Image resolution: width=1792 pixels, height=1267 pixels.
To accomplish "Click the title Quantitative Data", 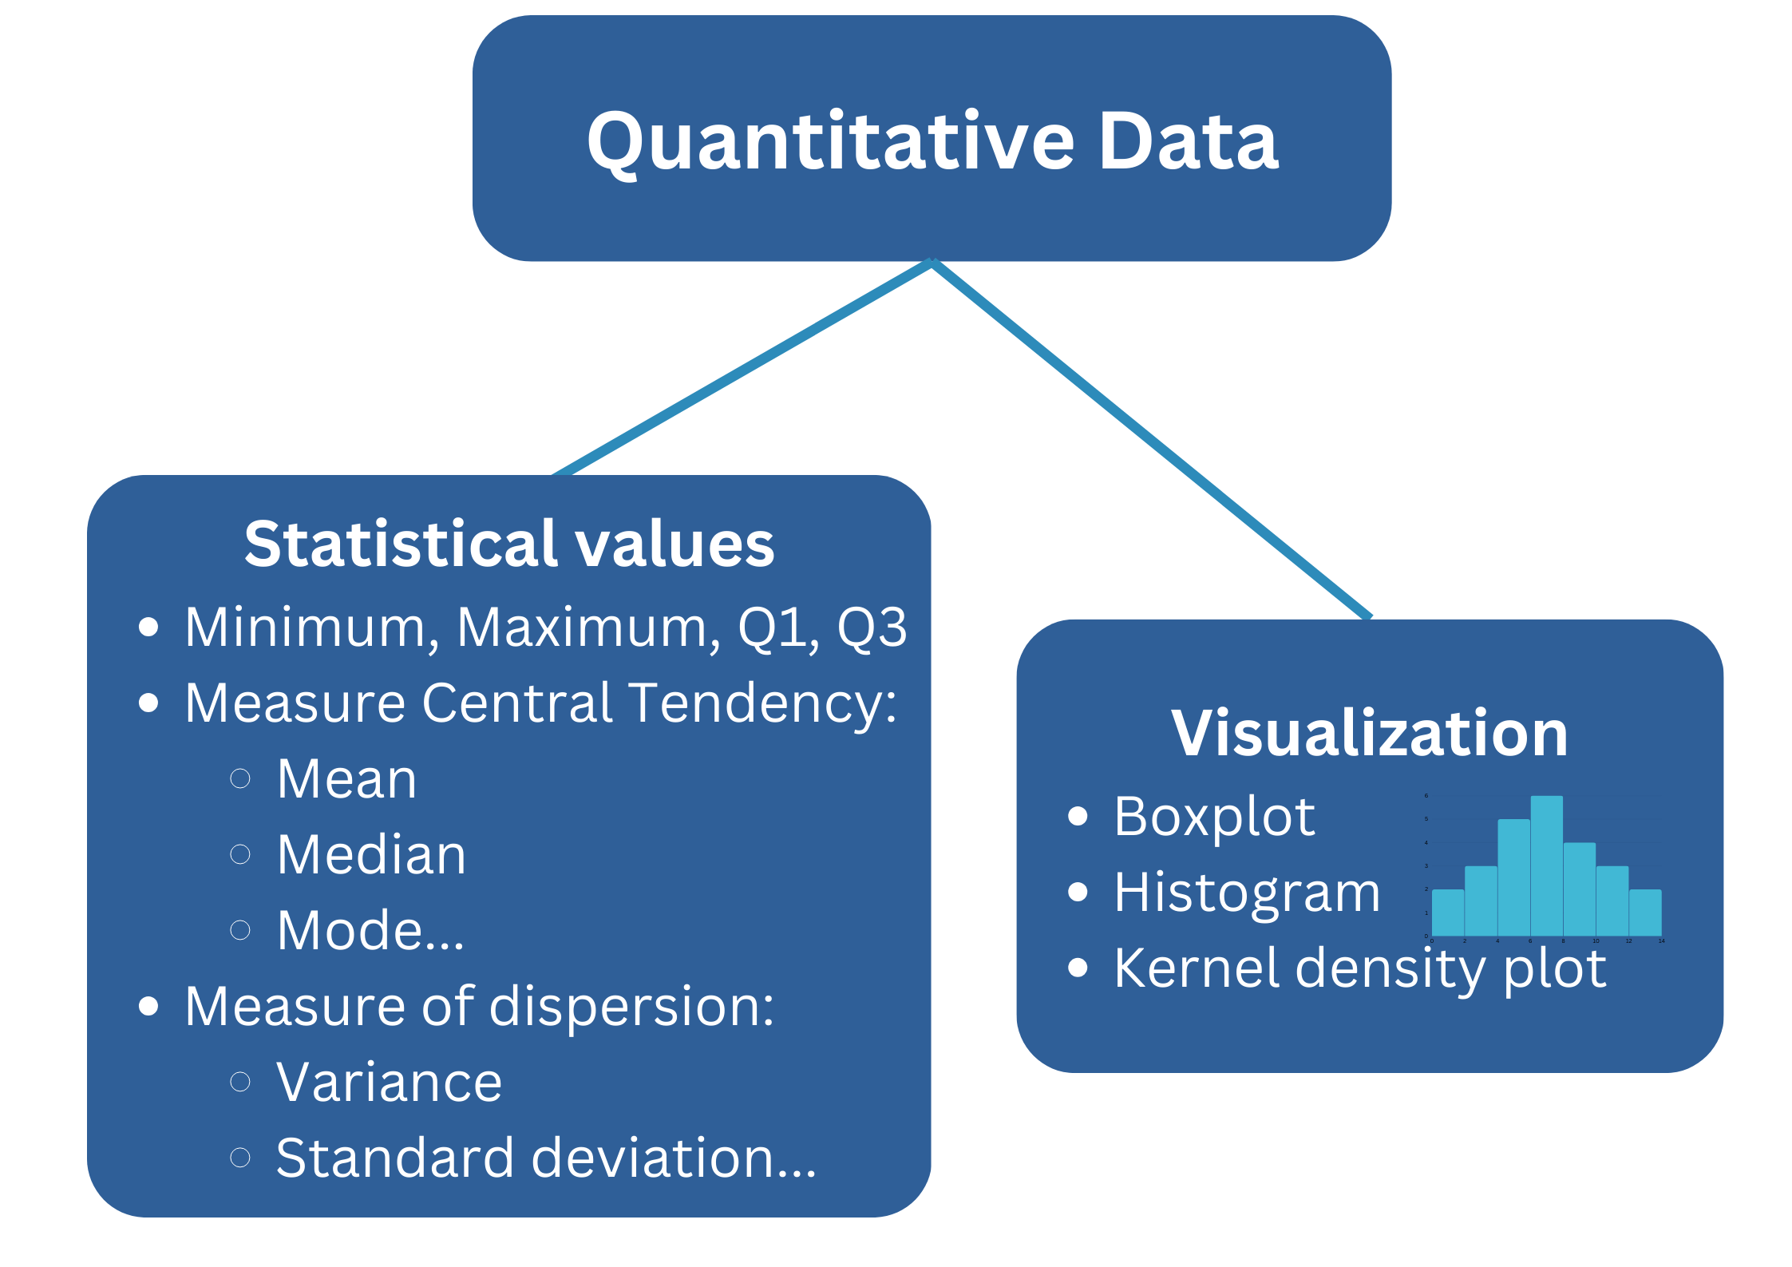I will pyautogui.click(x=932, y=141).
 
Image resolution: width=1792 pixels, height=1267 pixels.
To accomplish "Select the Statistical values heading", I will pyautogui.click(x=509, y=544).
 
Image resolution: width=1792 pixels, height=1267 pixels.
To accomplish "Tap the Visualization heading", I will pyautogui.click(x=1369, y=733).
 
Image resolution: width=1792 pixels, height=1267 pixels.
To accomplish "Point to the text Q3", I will pyautogui.click(x=872, y=628).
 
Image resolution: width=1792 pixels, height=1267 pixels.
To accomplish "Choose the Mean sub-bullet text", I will pyautogui.click(x=346, y=779).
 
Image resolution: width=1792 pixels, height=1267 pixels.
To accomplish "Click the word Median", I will pyautogui.click(x=371, y=855).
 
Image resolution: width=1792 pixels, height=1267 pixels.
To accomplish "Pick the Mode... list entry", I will pyautogui.click(x=370, y=931).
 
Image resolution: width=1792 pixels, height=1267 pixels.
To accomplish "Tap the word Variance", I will pyautogui.click(x=389, y=1083).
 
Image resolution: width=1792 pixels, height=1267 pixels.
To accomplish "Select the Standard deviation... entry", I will pyautogui.click(x=546, y=1158).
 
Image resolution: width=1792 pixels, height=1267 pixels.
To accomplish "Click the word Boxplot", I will pyautogui.click(x=1214, y=817).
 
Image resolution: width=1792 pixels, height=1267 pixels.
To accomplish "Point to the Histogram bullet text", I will pyautogui.click(x=1247, y=893).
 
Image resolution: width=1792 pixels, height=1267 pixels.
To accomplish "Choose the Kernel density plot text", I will pyautogui.click(x=1359, y=968).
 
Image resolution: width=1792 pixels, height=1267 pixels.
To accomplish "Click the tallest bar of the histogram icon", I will pyautogui.click(x=1546, y=866).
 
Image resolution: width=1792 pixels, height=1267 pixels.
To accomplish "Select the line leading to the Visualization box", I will pyautogui.click(x=1149, y=439).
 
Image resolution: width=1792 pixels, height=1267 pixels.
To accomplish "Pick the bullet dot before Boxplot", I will pyautogui.click(x=1078, y=816).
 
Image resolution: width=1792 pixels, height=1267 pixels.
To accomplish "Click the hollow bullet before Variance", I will pyautogui.click(x=240, y=1082).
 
